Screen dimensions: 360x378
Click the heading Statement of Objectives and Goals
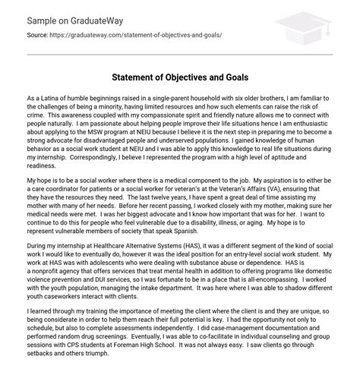180,76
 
